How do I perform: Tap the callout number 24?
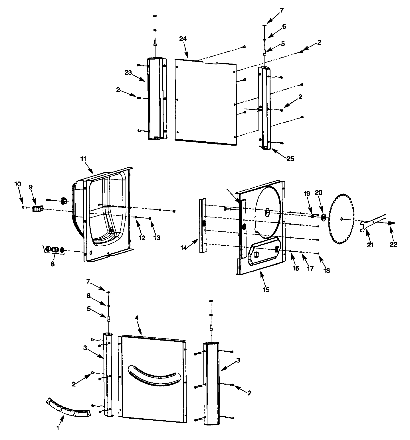(183, 39)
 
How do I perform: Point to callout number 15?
(266, 290)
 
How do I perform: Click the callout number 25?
(290, 159)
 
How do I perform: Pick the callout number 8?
(52, 264)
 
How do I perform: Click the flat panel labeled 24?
(205, 100)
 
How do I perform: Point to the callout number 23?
(128, 73)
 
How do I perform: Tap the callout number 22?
(393, 244)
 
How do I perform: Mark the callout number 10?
(18, 184)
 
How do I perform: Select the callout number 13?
(157, 238)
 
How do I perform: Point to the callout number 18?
(326, 270)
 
